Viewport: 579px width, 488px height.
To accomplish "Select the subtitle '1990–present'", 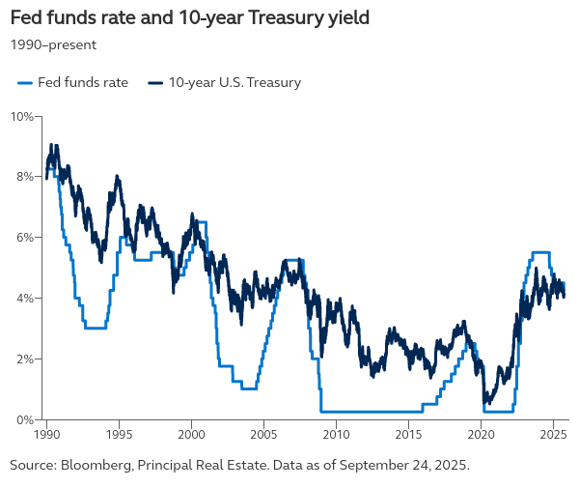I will pyautogui.click(x=53, y=43).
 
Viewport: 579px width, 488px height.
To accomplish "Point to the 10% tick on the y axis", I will pyautogui.click(x=23, y=116).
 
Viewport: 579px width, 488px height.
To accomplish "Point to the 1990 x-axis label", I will pyautogui.click(x=46, y=435).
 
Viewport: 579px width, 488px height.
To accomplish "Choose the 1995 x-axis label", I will pyautogui.click(x=119, y=435).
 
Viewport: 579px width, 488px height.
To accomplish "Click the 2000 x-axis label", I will pyautogui.click(x=191, y=435).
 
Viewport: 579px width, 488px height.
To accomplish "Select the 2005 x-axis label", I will pyautogui.click(x=264, y=435).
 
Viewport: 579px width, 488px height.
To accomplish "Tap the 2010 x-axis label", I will pyautogui.click(x=337, y=435).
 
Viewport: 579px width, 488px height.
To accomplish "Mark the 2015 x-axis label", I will pyautogui.click(x=409, y=435).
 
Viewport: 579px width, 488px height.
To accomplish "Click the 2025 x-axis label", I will pyautogui.click(x=554, y=435).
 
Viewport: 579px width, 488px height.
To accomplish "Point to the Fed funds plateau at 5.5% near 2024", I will pyautogui.click(x=540, y=252).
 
